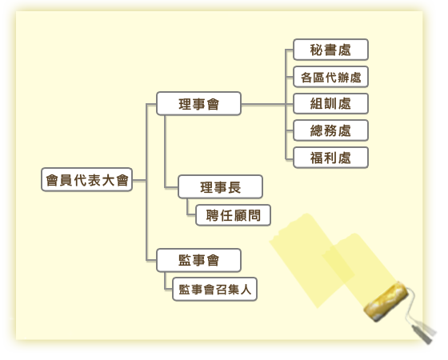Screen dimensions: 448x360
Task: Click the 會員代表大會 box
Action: pyautogui.click(x=87, y=180)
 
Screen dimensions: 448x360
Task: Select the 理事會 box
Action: pyautogui.click(x=199, y=104)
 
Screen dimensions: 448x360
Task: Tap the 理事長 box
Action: pyautogui.click(x=220, y=187)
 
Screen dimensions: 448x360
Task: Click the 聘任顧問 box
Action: pyautogui.click(x=233, y=215)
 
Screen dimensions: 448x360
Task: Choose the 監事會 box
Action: pyautogui.click(x=199, y=260)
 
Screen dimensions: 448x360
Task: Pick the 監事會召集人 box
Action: pyautogui.click(x=215, y=289)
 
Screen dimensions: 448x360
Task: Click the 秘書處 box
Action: pyautogui.click(x=331, y=50)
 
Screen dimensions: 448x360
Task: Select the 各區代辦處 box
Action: pyautogui.click(x=331, y=77)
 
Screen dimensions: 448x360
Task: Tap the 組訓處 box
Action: pyautogui.click(x=331, y=104)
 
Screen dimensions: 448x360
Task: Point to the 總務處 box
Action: pyautogui.click(x=331, y=130)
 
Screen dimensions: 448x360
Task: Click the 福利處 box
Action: pyautogui.click(x=331, y=158)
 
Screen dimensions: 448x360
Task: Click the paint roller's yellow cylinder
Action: pyautogui.click(x=386, y=301)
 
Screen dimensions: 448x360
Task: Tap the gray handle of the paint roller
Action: pyautogui.click(x=424, y=333)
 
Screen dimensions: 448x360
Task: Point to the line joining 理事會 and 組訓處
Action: pyautogui.click(x=267, y=104)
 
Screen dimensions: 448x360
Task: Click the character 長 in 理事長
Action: pyautogui.click(x=234, y=187)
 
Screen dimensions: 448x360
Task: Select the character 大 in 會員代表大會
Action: pyautogui.click(x=108, y=180)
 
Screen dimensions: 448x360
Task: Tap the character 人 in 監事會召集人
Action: pyautogui.click(x=246, y=290)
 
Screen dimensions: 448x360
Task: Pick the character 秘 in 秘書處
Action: pyautogui.click(x=317, y=50)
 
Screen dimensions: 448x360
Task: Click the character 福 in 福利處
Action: pyautogui.click(x=317, y=158)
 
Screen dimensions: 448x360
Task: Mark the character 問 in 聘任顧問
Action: pyautogui.click(x=254, y=215)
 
